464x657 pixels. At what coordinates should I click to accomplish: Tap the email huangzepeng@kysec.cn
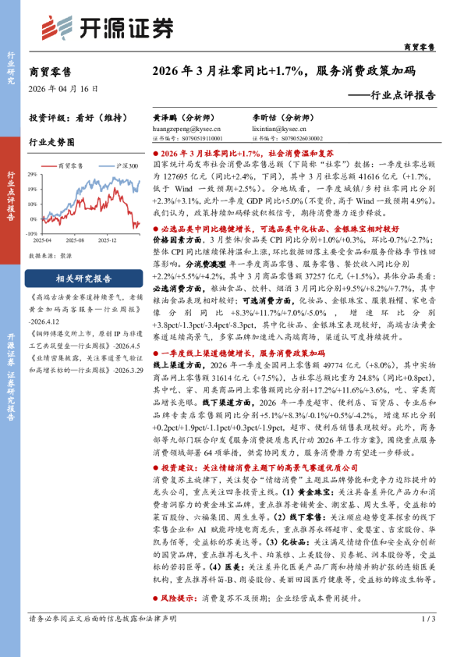pos(179,130)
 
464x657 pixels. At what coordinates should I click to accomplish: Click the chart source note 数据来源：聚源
pos(53,256)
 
